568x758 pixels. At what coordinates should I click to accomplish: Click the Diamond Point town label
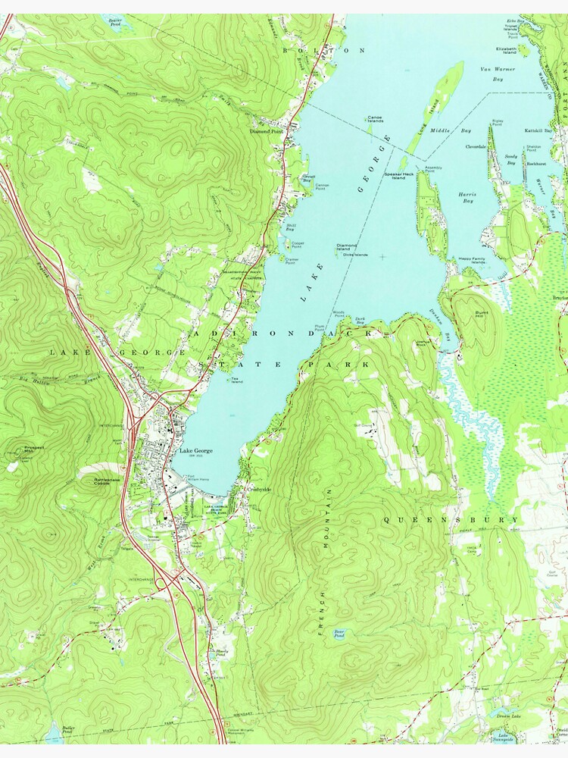(266, 130)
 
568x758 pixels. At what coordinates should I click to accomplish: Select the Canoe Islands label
(375, 119)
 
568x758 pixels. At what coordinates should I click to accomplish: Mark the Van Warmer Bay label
(498, 74)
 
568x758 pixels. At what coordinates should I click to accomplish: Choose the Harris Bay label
(466, 197)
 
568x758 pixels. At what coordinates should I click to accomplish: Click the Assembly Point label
(434, 169)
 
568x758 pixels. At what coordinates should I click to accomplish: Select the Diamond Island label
(347, 247)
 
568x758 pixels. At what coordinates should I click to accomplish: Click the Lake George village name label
(195, 451)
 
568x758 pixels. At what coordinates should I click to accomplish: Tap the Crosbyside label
(258, 490)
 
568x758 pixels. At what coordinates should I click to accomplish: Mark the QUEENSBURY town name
(451, 520)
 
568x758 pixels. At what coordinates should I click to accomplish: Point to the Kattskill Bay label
(538, 130)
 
